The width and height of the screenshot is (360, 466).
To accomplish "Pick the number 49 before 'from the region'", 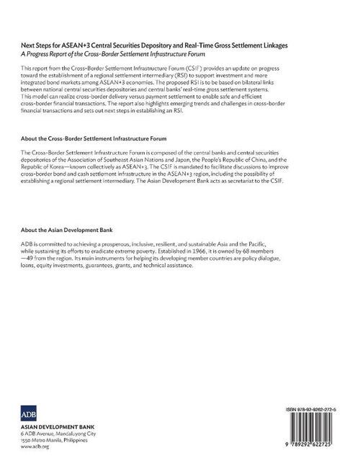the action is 36,258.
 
